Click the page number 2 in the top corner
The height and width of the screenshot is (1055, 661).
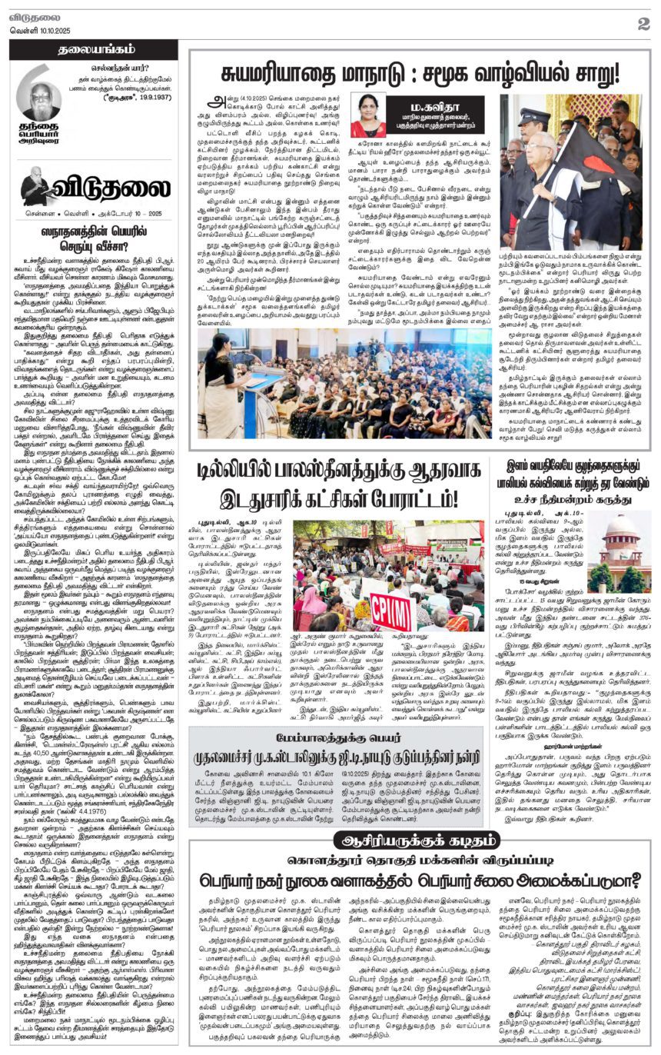643,23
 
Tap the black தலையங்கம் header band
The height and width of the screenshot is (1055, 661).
93,50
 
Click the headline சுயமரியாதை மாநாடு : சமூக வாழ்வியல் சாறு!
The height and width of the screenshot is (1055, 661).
420,75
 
